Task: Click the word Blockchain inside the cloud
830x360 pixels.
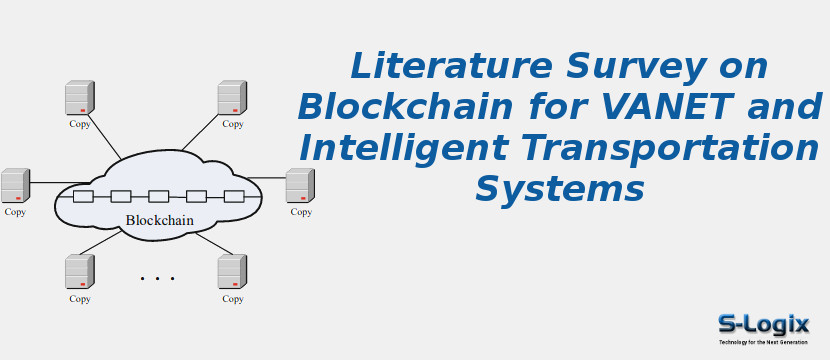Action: (159, 220)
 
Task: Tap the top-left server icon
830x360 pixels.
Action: (79, 98)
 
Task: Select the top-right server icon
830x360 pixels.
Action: (232, 98)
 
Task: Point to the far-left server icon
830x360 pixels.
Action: (15, 186)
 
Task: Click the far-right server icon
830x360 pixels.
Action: (300, 186)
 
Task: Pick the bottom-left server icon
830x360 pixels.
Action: (79, 272)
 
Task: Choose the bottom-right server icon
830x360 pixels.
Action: (232, 272)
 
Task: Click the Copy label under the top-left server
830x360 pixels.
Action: (80, 124)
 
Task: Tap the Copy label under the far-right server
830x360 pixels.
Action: (301, 212)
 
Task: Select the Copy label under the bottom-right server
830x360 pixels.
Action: (233, 298)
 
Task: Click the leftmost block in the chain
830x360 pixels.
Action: (83, 196)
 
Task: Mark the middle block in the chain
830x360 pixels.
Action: (158, 196)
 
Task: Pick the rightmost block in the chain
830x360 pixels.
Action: (234, 196)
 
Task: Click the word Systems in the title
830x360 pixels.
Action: (559, 188)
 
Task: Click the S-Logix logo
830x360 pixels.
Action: (763, 326)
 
